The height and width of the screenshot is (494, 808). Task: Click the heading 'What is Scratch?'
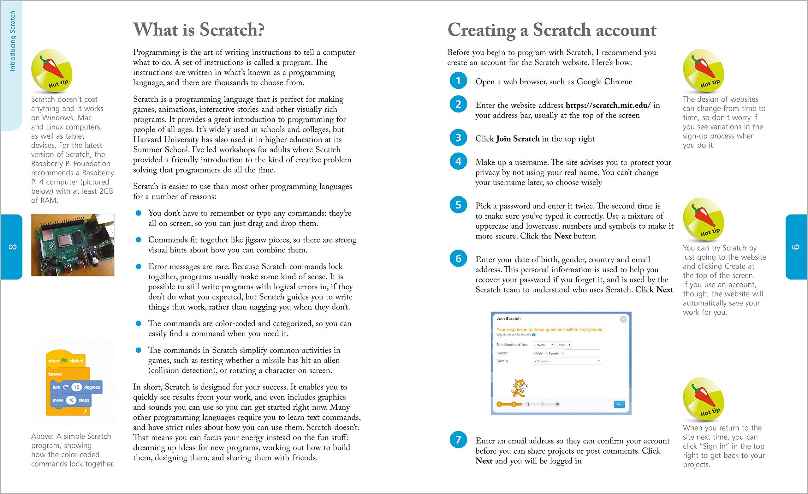pos(199,30)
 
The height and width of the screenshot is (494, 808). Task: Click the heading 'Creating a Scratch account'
pos(552,30)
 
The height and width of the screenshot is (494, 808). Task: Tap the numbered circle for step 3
pos(458,138)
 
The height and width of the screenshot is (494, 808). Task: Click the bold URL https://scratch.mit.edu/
pos(608,105)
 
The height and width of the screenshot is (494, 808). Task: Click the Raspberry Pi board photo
pos(73,245)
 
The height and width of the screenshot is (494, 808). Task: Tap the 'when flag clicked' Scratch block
pos(66,360)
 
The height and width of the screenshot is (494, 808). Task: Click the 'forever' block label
pos(55,374)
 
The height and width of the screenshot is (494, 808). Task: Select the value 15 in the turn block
pos(77,387)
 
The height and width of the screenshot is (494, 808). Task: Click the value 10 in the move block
pos(71,400)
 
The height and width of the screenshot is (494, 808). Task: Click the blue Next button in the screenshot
pos(619,404)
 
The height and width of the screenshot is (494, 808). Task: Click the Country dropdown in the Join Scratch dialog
pos(567,361)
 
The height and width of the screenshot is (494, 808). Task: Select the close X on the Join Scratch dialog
pos(623,319)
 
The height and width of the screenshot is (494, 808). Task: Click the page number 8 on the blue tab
pos(12,246)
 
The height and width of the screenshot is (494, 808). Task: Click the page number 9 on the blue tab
pos(796,246)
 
